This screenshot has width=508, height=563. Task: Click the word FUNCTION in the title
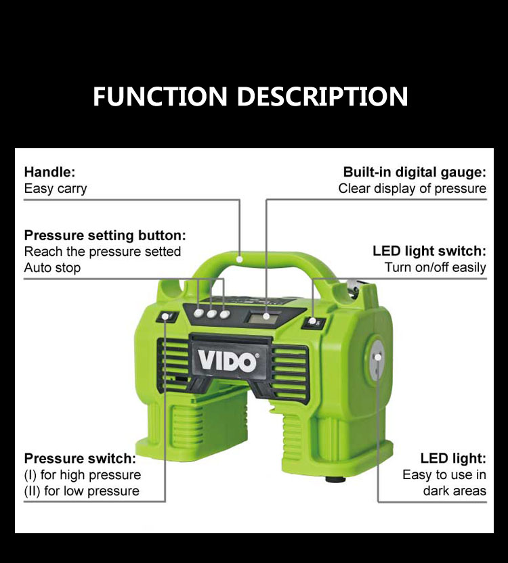point(160,96)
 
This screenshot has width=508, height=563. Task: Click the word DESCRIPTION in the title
point(322,96)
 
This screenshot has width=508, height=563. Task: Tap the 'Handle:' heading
point(49,172)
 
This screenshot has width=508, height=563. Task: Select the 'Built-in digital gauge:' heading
point(415,173)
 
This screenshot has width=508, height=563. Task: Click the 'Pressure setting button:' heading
point(105,235)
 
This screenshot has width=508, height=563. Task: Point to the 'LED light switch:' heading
point(429,251)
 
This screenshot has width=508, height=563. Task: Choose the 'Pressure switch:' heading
point(80,459)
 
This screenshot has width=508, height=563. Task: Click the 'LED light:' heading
point(453,459)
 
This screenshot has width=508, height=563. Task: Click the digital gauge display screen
point(263,317)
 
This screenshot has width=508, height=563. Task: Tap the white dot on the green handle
point(240,259)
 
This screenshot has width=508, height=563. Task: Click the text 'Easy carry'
point(56,189)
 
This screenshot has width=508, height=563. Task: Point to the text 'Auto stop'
point(52,268)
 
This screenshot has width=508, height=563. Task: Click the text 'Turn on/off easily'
point(436,267)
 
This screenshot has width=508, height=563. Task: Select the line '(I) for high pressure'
point(83,475)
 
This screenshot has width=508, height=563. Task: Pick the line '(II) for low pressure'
point(81,491)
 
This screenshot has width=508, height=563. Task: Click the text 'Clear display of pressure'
point(412,189)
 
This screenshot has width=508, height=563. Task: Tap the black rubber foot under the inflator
point(335,479)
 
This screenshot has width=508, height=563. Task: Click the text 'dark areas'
point(454,491)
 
